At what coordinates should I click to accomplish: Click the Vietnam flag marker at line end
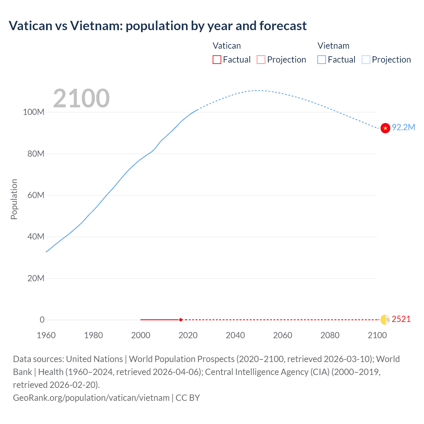385,128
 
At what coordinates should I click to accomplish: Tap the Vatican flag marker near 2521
385,320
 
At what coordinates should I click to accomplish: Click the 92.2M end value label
403,128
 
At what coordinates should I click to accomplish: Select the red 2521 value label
401,319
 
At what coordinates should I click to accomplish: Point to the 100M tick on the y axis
33,112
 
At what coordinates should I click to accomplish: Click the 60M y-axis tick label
36,195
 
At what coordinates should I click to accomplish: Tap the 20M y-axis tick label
36,278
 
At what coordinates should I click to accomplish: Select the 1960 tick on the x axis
46,335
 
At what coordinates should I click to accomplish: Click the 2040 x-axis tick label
235,335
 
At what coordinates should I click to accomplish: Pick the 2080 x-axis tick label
330,335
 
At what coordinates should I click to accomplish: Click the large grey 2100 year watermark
81,98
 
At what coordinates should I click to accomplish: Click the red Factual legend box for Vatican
217,60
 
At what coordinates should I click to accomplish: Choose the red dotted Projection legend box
261,60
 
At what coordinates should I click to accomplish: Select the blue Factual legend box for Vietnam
322,60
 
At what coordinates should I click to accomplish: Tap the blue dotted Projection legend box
366,60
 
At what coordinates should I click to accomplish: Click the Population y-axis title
14,199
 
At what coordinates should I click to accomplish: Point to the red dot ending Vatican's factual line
181,320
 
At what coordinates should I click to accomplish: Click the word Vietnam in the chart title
96,26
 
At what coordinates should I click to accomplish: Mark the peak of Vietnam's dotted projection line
258,90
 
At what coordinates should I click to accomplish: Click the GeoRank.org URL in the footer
91,397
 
